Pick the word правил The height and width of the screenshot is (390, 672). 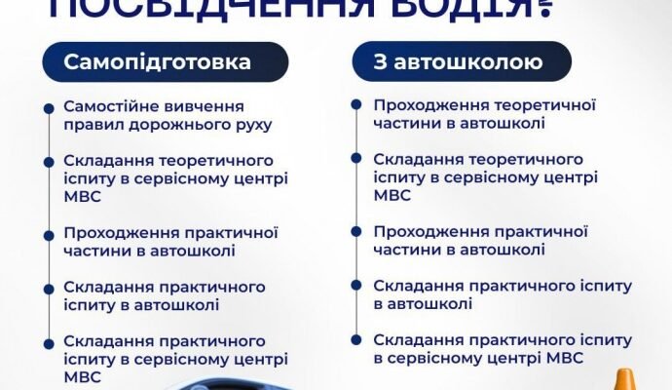coord(91,124)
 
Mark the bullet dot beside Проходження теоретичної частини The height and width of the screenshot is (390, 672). coord(357,106)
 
